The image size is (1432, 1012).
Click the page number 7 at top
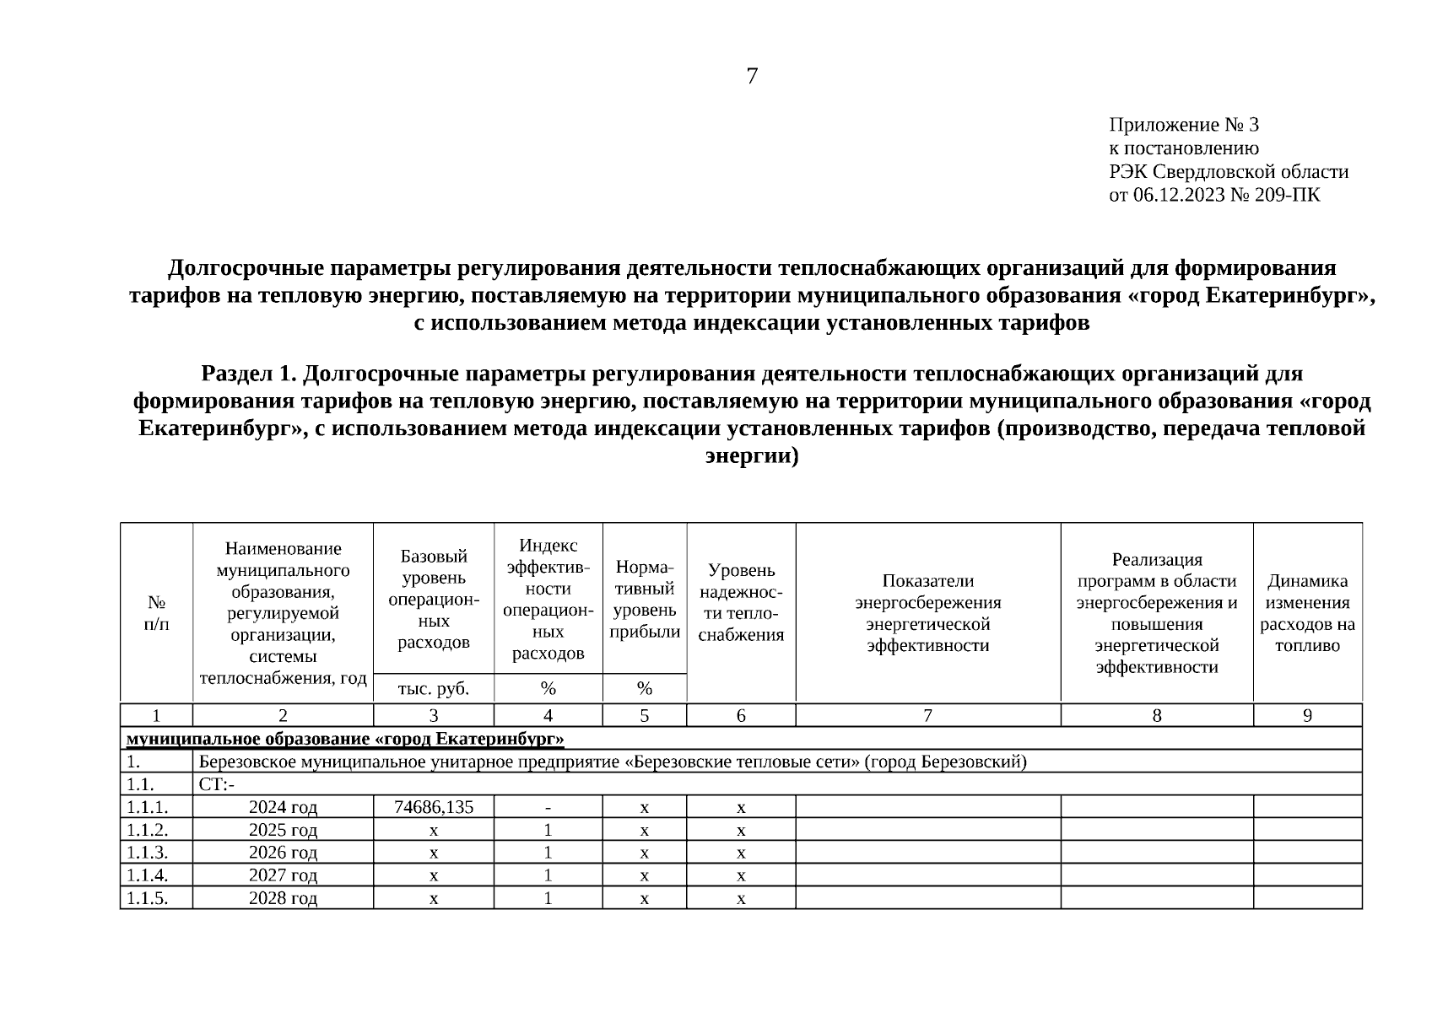click(x=752, y=77)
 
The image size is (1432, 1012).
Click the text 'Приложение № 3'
click(x=1183, y=126)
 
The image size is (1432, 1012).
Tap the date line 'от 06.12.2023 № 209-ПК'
click(x=1214, y=196)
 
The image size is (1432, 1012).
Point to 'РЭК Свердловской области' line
click(x=1228, y=172)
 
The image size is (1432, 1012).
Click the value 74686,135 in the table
click(x=434, y=807)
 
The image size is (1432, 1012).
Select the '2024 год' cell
click(x=283, y=807)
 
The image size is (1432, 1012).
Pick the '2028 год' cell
click(x=283, y=898)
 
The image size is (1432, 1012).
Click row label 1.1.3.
click(x=147, y=853)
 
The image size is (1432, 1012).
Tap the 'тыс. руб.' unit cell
click(x=434, y=689)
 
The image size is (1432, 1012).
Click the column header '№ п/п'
click(x=156, y=613)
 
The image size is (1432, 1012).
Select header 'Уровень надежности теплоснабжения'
click(x=741, y=603)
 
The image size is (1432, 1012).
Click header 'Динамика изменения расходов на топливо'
click(x=1307, y=613)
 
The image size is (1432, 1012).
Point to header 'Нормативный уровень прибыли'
click(x=645, y=600)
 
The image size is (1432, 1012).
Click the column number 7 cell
click(x=927, y=716)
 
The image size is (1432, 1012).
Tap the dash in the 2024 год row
click(x=548, y=807)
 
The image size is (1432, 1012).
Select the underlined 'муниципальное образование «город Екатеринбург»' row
click(x=345, y=740)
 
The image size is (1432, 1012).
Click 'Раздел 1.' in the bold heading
click(x=248, y=374)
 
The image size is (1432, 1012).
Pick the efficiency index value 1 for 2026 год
click(x=548, y=853)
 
